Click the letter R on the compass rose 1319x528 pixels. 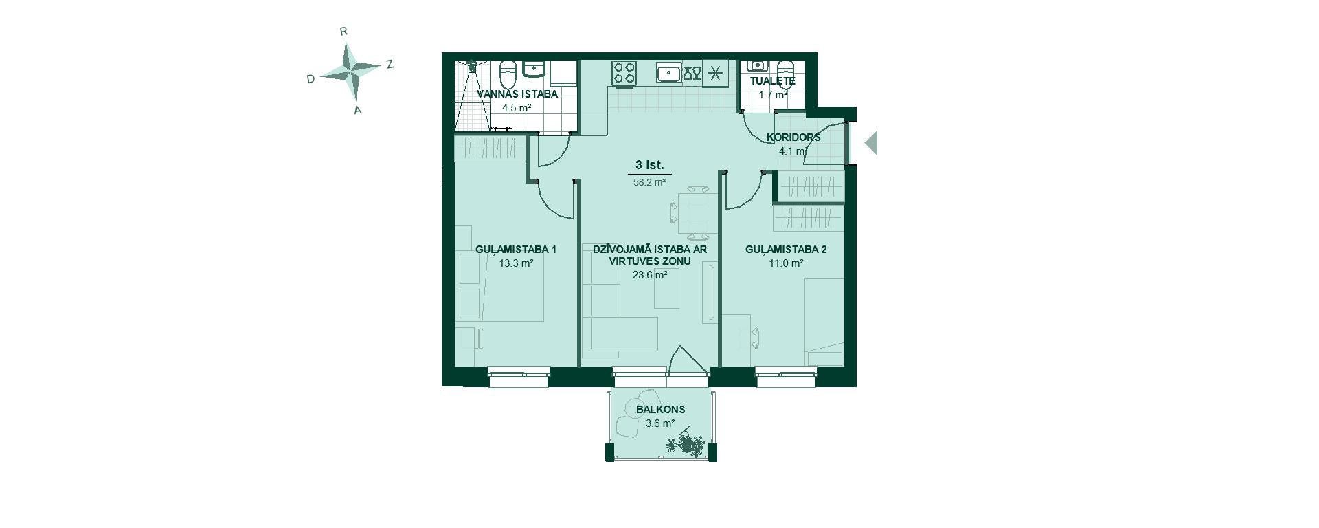click(343, 31)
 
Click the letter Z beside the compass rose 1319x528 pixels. click(390, 64)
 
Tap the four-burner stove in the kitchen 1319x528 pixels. click(624, 74)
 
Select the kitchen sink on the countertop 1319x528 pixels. click(668, 72)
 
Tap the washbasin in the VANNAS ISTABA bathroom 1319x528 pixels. click(534, 69)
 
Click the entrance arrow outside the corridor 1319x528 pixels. click(870, 144)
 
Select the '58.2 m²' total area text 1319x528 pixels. click(649, 183)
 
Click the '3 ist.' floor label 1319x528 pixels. click(649, 165)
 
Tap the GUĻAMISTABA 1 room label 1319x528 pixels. click(516, 250)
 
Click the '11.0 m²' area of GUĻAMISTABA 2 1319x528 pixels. click(786, 263)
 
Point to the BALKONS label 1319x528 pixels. click(660, 410)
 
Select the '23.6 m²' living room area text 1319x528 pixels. click(649, 275)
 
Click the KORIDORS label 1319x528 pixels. click(793, 137)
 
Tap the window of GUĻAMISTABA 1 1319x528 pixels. click(519, 373)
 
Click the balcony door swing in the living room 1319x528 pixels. click(688, 360)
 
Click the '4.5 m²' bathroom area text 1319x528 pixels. click(517, 108)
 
